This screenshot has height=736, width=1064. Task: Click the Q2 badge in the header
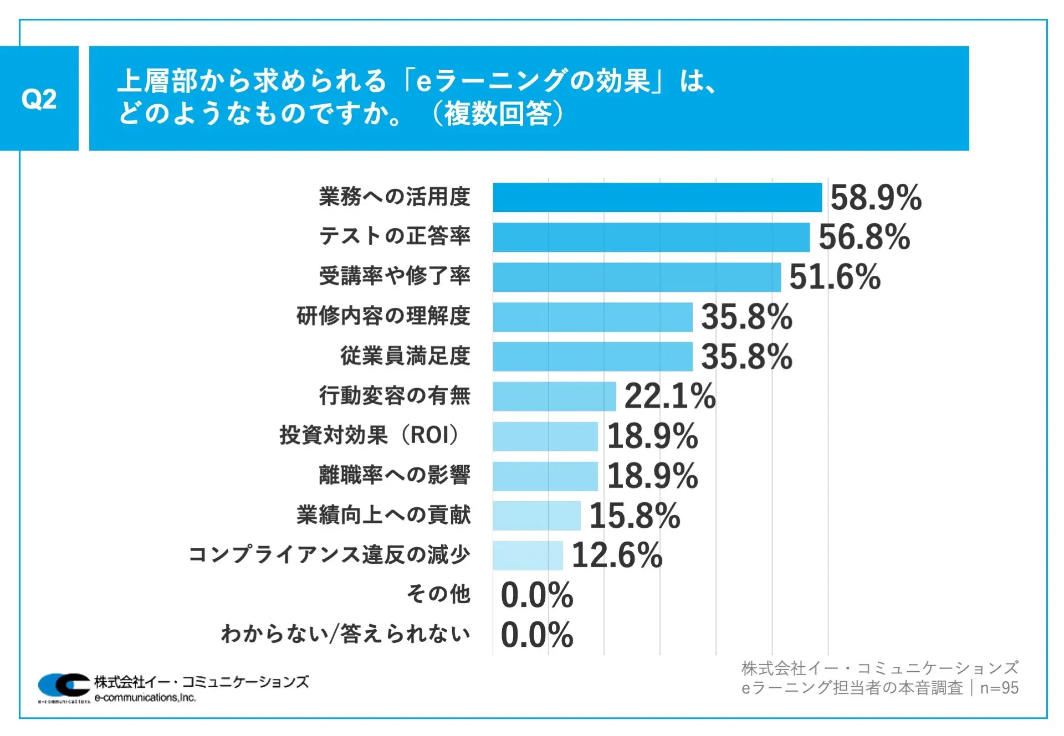(39, 99)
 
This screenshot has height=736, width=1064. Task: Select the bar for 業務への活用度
(657, 197)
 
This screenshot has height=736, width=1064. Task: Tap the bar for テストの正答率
(651, 237)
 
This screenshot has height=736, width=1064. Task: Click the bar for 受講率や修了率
(637, 277)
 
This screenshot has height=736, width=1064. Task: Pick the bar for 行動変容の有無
(554, 397)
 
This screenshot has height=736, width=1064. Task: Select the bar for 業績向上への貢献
(536, 516)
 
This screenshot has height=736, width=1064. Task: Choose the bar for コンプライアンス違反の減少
(528, 555)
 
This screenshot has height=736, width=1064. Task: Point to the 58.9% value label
(876, 198)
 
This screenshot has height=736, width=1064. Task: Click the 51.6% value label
(835, 277)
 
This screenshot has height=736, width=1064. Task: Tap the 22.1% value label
(670, 397)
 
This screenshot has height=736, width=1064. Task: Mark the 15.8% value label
(635, 516)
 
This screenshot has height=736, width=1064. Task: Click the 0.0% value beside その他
(536, 595)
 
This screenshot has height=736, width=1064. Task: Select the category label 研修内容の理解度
(383, 316)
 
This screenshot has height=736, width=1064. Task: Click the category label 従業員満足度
(405, 356)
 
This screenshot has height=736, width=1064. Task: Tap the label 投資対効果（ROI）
(370, 435)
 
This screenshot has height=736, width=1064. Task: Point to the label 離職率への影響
(394, 475)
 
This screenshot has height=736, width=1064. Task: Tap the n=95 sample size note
(999, 688)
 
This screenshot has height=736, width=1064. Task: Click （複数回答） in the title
(497, 114)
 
